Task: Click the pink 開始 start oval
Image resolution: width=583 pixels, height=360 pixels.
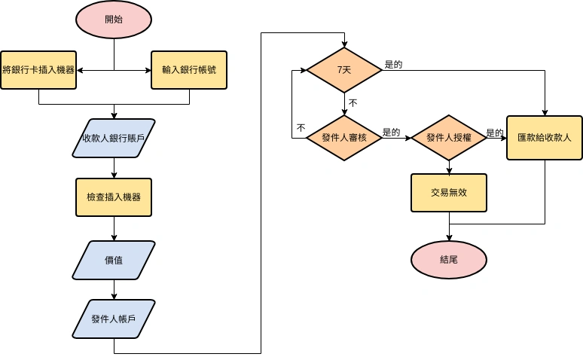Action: [114, 20]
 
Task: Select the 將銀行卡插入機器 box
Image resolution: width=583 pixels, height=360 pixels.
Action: [38, 70]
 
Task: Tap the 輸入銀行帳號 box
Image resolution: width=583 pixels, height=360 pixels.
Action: [189, 70]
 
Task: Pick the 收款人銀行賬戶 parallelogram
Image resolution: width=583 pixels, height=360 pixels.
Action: [114, 138]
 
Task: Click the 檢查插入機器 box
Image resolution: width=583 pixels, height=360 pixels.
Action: [114, 198]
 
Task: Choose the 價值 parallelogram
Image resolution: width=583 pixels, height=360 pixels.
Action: [114, 260]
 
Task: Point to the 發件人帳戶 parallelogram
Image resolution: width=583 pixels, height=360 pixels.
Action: [114, 319]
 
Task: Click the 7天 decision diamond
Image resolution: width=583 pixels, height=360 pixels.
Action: [344, 70]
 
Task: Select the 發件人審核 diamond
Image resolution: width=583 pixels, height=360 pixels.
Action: [344, 138]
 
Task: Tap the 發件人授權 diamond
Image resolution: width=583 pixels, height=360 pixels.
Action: [449, 138]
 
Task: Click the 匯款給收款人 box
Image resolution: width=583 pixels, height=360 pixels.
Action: [545, 138]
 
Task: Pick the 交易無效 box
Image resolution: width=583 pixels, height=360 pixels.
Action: [449, 193]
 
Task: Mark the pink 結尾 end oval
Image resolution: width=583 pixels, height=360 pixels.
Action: [449, 259]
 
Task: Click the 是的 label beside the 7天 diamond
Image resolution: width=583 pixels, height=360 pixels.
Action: [393, 64]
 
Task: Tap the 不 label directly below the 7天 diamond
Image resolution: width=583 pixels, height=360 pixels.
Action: [353, 102]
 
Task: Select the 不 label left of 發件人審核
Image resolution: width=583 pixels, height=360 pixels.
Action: [301, 128]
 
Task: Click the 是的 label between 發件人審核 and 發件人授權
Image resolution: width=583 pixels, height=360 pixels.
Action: [391, 132]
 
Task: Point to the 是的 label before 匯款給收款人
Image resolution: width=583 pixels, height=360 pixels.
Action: [495, 133]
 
